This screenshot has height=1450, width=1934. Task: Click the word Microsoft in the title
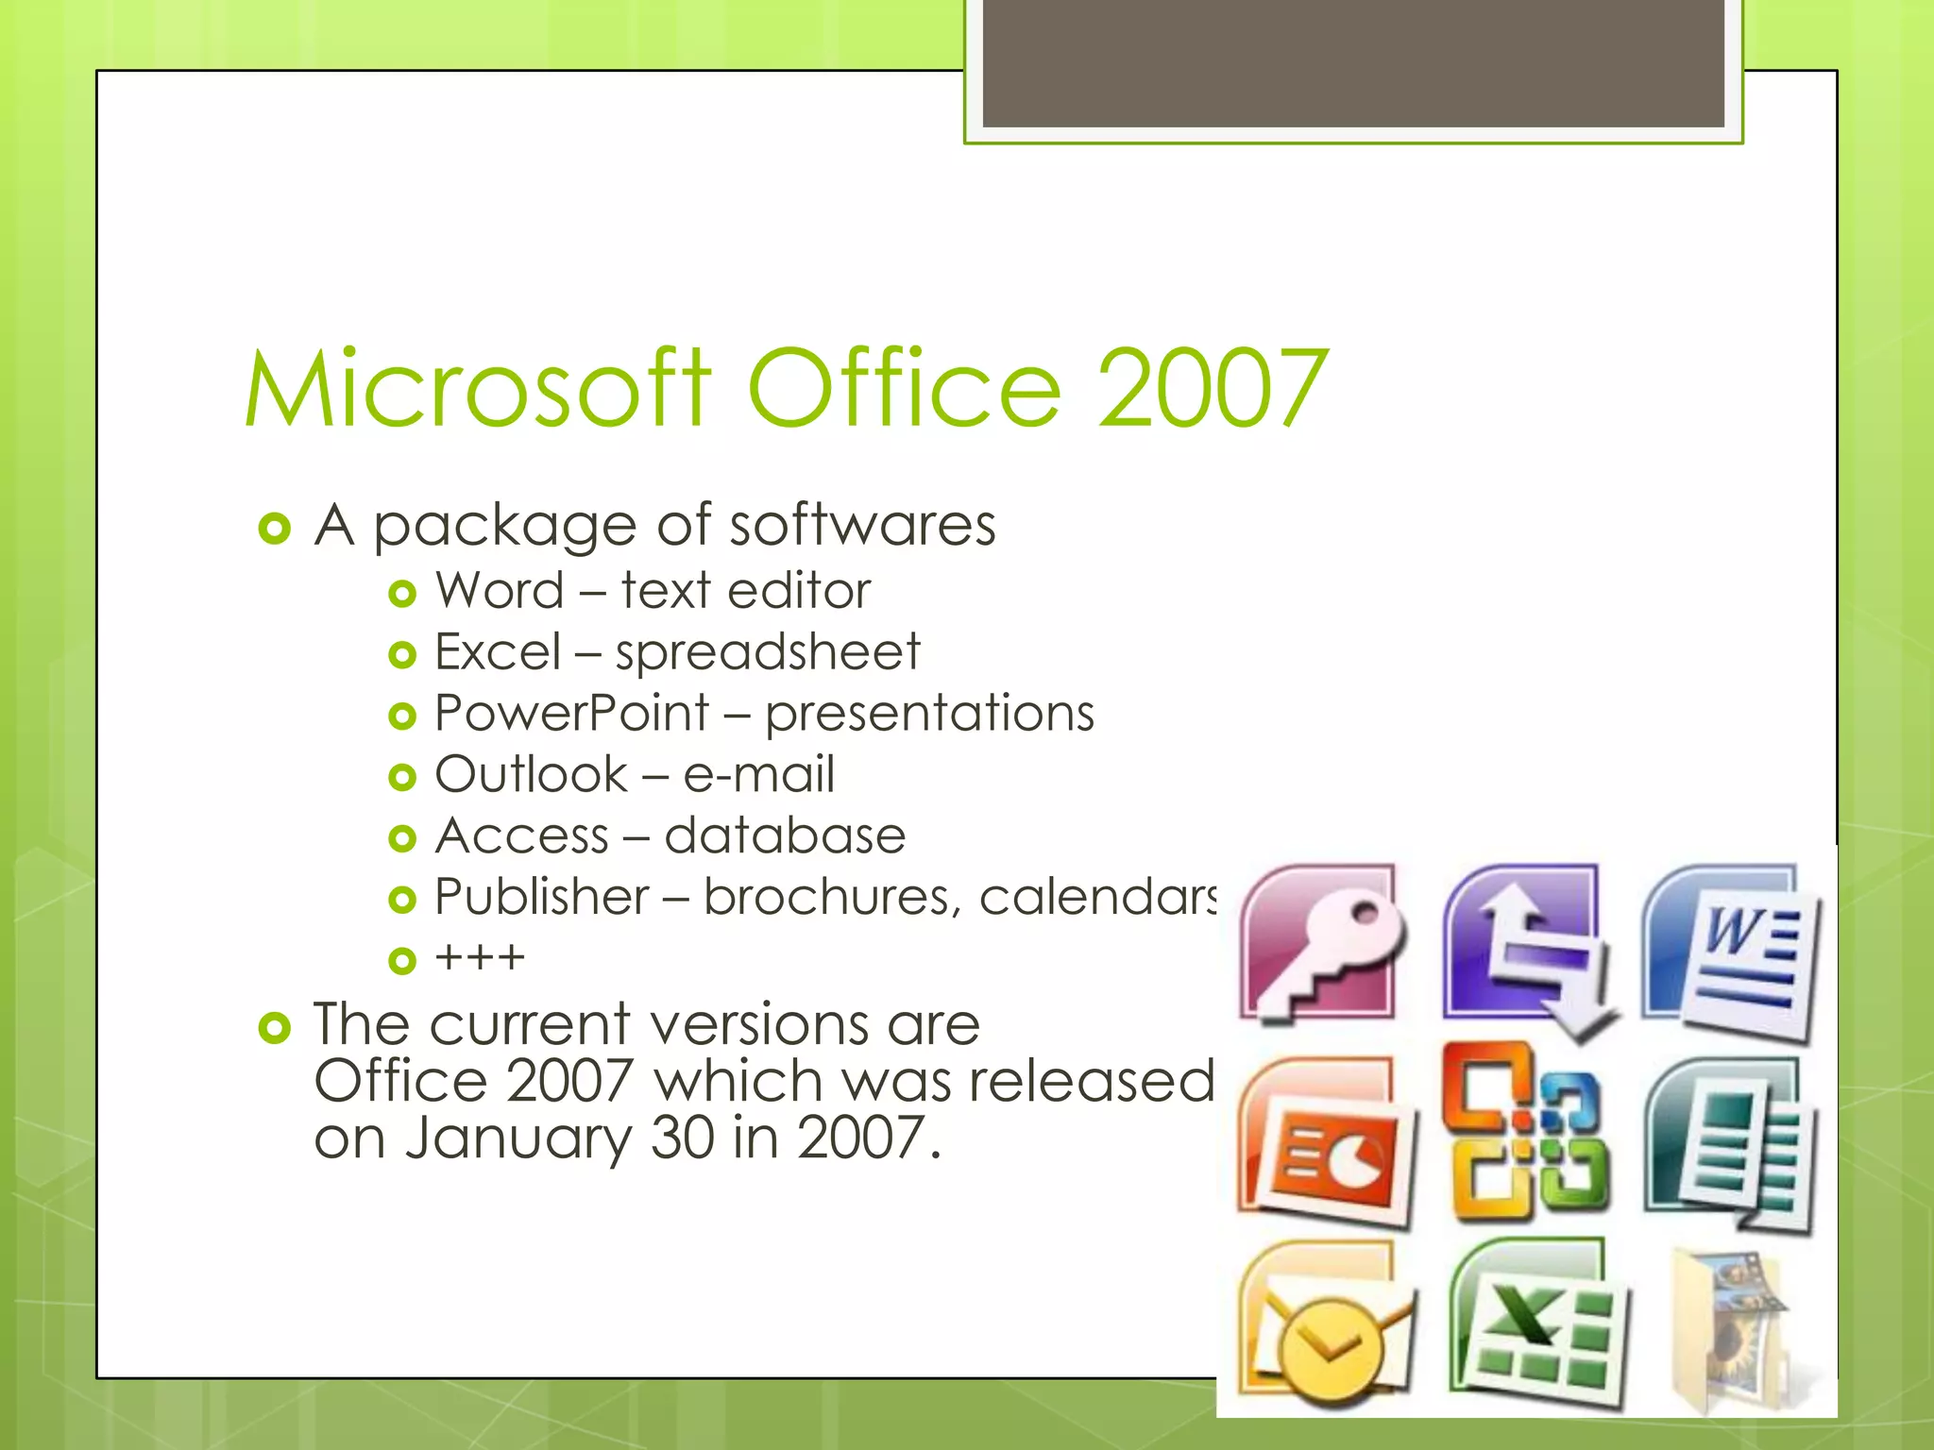[477, 389]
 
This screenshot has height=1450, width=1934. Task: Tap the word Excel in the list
[498, 651]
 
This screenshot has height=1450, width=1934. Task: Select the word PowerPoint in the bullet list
[571, 713]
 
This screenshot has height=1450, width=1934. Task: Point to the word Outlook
[531, 774]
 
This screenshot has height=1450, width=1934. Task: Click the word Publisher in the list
[542, 897]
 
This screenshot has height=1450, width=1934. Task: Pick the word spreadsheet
[767, 651]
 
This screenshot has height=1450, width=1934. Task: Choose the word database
[785, 835]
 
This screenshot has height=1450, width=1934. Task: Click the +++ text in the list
[480, 958]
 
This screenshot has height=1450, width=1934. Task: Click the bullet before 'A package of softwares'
[274, 529]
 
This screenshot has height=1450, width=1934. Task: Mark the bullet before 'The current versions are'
[274, 1028]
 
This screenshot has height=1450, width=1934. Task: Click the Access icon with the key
[1321, 943]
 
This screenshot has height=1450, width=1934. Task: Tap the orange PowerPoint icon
[1325, 1142]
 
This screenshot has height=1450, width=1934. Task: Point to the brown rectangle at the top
[1353, 62]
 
